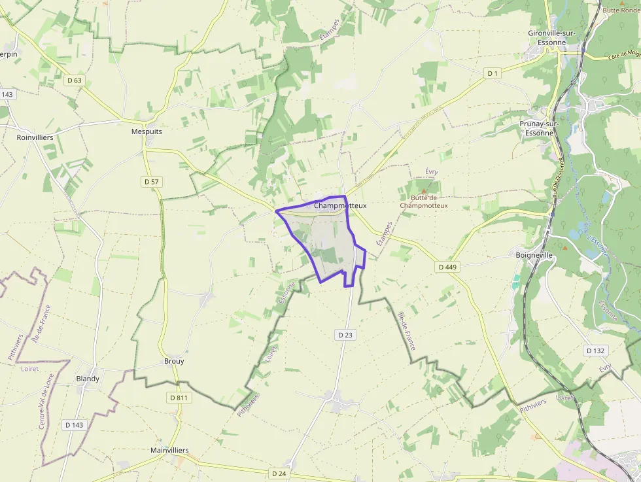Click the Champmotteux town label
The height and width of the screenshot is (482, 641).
click(340, 205)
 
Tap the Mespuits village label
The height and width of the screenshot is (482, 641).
click(147, 131)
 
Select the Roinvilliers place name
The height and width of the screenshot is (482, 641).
click(35, 138)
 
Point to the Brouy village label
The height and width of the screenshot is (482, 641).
click(174, 361)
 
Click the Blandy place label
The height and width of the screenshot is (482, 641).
click(88, 379)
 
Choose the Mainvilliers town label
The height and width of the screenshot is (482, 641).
click(169, 451)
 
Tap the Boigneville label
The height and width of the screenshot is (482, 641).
click(534, 255)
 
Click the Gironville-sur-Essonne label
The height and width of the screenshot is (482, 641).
click(556, 37)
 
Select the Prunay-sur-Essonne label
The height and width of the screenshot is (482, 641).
click(540, 128)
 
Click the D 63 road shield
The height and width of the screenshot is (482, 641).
click(75, 80)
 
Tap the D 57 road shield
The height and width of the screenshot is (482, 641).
click(151, 181)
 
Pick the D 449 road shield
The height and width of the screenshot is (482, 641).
click(447, 267)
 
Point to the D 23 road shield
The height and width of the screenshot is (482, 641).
click(345, 335)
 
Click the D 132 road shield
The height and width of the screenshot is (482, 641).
click(596, 351)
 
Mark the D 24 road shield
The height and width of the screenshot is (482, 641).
click(279, 473)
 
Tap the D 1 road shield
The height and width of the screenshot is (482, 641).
click(493, 74)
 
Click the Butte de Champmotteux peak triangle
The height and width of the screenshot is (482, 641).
click(423, 191)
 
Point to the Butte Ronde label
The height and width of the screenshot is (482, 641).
click(620, 10)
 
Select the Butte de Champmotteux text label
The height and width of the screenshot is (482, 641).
click(423, 201)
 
